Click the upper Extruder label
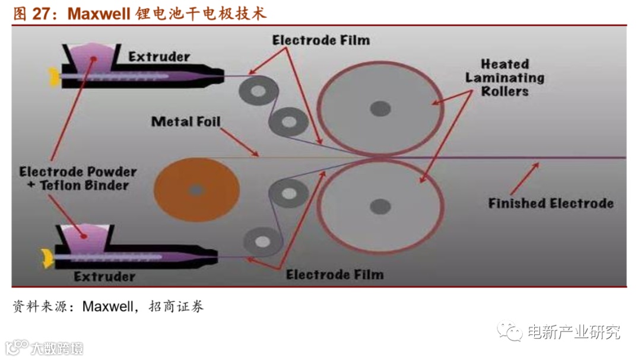click(x=159, y=57)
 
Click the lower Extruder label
click(x=104, y=276)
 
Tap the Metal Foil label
click(x=186, y=122)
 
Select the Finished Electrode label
click(x=550, y=203)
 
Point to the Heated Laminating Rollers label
click(x=504, y=78)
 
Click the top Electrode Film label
click(x=321, y=40)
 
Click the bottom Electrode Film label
click(x=335, y=275)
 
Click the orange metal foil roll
click(x=196, y=190)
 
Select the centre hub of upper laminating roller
click(x=380, y=109)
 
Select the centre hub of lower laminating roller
click(x=380, y=206)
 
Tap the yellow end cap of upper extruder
click(x=54, y=76)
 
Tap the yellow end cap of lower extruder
click(x=45, y=257)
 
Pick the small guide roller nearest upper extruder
click(x=259, y=91)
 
